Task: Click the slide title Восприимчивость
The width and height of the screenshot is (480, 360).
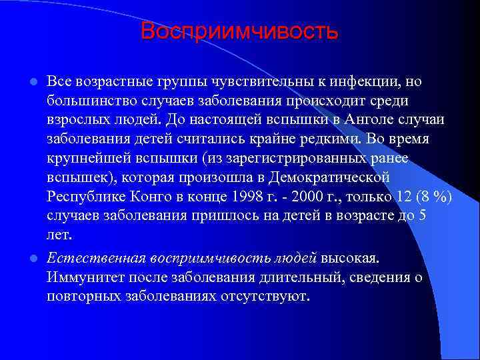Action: click(x=240, y=31)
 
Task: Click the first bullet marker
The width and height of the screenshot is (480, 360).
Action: click(x=33, y=82)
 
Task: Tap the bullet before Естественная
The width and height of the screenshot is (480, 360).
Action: click(x=33, y=258)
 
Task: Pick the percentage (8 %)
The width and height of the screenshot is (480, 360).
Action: click(x=431, y=197)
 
